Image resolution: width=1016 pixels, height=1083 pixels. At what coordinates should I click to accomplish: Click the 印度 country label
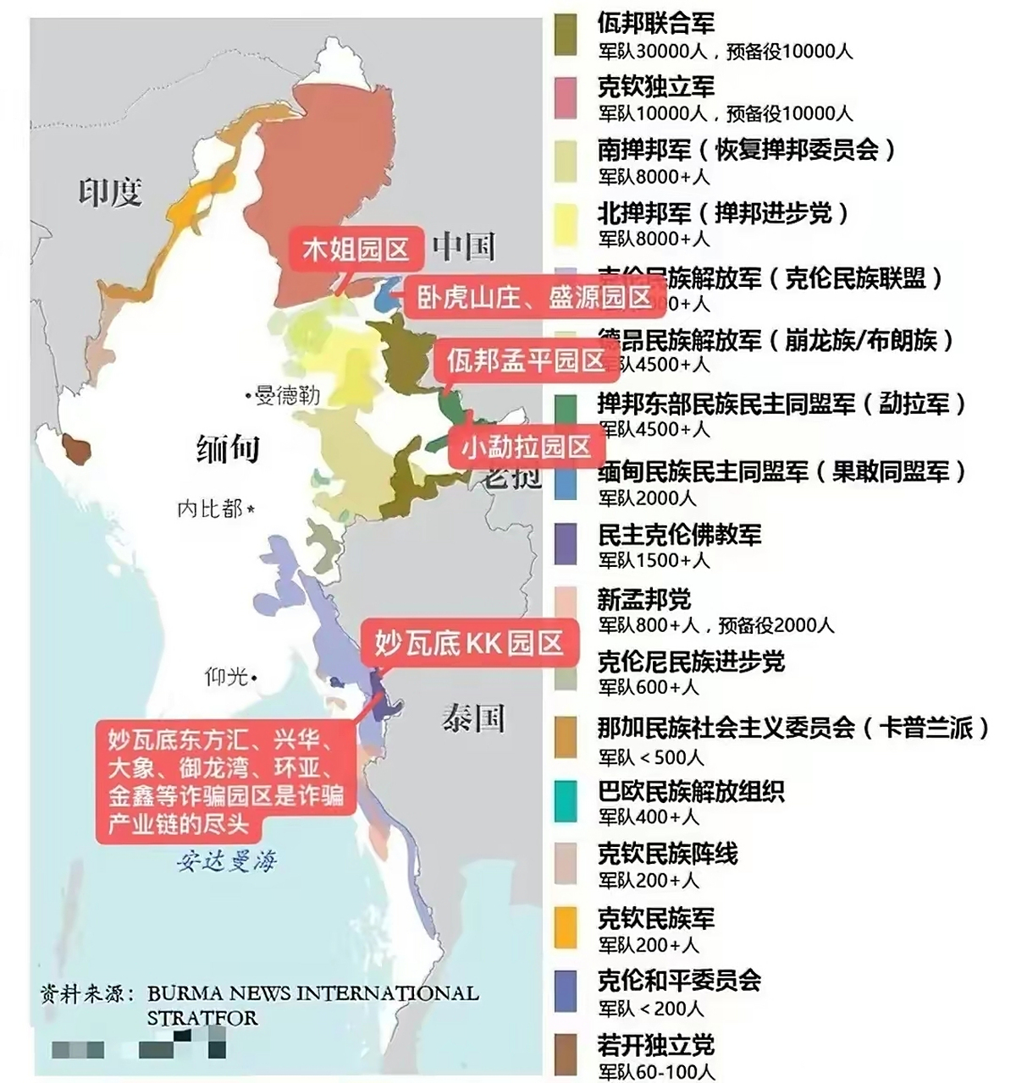110,192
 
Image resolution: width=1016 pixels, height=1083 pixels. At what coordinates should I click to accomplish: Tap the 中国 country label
463,246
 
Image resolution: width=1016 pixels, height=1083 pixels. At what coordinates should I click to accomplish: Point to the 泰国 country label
472,718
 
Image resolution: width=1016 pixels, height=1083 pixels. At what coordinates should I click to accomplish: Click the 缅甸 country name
227,448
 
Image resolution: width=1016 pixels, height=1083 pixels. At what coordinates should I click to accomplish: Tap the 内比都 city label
212,509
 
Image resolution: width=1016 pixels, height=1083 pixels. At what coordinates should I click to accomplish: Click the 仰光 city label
227,676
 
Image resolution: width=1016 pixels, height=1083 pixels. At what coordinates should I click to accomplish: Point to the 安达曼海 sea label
227,861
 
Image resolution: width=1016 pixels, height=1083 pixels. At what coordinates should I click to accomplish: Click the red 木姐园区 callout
356,250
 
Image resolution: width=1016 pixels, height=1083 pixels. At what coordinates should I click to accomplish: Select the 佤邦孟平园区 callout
525,360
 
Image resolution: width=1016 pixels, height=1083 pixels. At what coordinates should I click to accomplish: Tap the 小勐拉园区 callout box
525,446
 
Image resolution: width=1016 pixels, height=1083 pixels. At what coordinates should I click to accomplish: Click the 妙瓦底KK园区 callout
468,643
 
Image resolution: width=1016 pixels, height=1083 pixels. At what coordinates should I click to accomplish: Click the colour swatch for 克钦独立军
565,98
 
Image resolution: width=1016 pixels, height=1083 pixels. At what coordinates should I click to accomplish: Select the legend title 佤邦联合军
655,23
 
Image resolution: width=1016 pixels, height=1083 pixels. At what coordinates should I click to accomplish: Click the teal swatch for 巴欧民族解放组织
565,801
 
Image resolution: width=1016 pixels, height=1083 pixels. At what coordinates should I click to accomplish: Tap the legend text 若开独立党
655,1045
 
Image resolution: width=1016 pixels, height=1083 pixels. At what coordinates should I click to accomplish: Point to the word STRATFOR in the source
202,1017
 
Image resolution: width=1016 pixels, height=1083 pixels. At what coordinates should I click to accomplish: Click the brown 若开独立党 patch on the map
78,449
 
